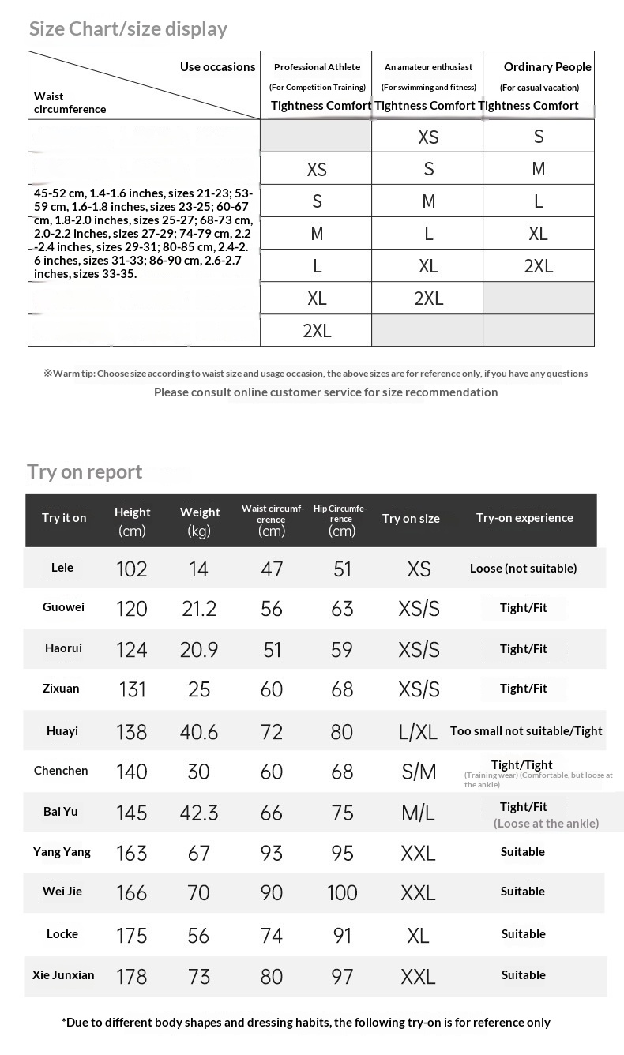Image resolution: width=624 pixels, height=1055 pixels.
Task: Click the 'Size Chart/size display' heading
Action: tap(128, 29)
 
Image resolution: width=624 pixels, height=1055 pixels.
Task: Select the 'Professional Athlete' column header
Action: tap(317, 67)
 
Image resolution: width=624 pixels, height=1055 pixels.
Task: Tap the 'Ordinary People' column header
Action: tap(547, 67)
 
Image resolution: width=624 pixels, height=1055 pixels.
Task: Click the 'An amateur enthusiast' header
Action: tap(428, 67)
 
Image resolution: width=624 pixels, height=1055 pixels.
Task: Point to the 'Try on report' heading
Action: tap(85, 471)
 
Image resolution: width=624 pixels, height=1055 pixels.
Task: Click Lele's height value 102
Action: tap(131, 569)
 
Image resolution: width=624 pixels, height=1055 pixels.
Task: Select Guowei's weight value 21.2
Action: tap(198, 609)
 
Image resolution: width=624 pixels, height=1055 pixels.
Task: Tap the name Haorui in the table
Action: tap(63, 648)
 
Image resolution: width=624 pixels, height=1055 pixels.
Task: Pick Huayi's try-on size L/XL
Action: tap(418, 731)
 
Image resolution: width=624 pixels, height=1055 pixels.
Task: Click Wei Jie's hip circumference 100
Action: tap(342, 893)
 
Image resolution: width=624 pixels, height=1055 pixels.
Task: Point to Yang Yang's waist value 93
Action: tap(272, 853)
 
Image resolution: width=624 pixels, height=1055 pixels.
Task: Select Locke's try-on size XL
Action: tap(418, 936)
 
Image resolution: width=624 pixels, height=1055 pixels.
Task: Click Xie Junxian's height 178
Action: tap(131, 977)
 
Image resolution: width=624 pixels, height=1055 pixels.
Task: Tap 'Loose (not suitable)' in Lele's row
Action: tap(523, 568)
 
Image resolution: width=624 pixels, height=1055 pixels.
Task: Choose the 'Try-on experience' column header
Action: tap(524, 518)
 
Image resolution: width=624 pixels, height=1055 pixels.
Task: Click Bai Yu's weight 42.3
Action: tap(199, 813)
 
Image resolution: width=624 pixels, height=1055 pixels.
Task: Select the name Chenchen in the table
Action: tap(61, 771)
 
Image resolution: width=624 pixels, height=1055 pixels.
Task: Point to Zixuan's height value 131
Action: tap(132, 689)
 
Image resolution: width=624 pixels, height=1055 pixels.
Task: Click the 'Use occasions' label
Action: tap(217, 67)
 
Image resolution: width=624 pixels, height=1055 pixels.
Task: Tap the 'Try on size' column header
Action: tap(411, 519)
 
